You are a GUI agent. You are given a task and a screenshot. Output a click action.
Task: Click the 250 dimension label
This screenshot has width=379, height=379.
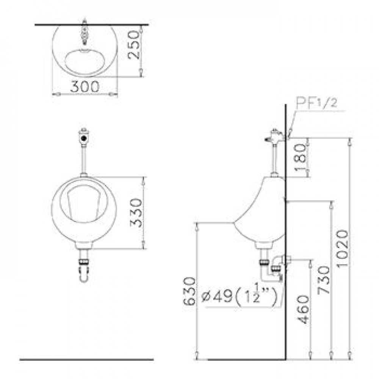click(133, 45)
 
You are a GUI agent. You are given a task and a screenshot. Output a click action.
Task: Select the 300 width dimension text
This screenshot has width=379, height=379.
click(85, 86)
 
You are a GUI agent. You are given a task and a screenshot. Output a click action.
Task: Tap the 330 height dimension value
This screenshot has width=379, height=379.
click(136, 213)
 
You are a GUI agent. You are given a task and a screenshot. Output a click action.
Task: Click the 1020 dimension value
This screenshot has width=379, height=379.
click(342, 248)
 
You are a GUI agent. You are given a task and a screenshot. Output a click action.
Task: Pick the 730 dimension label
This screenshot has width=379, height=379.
click(324, 280)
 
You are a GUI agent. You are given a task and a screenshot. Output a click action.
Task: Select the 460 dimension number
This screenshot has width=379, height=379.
click(303, 309)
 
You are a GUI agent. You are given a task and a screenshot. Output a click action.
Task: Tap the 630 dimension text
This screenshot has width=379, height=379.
click(189, 291)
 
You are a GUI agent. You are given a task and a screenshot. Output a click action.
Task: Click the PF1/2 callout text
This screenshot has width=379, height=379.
click(316, 103)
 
